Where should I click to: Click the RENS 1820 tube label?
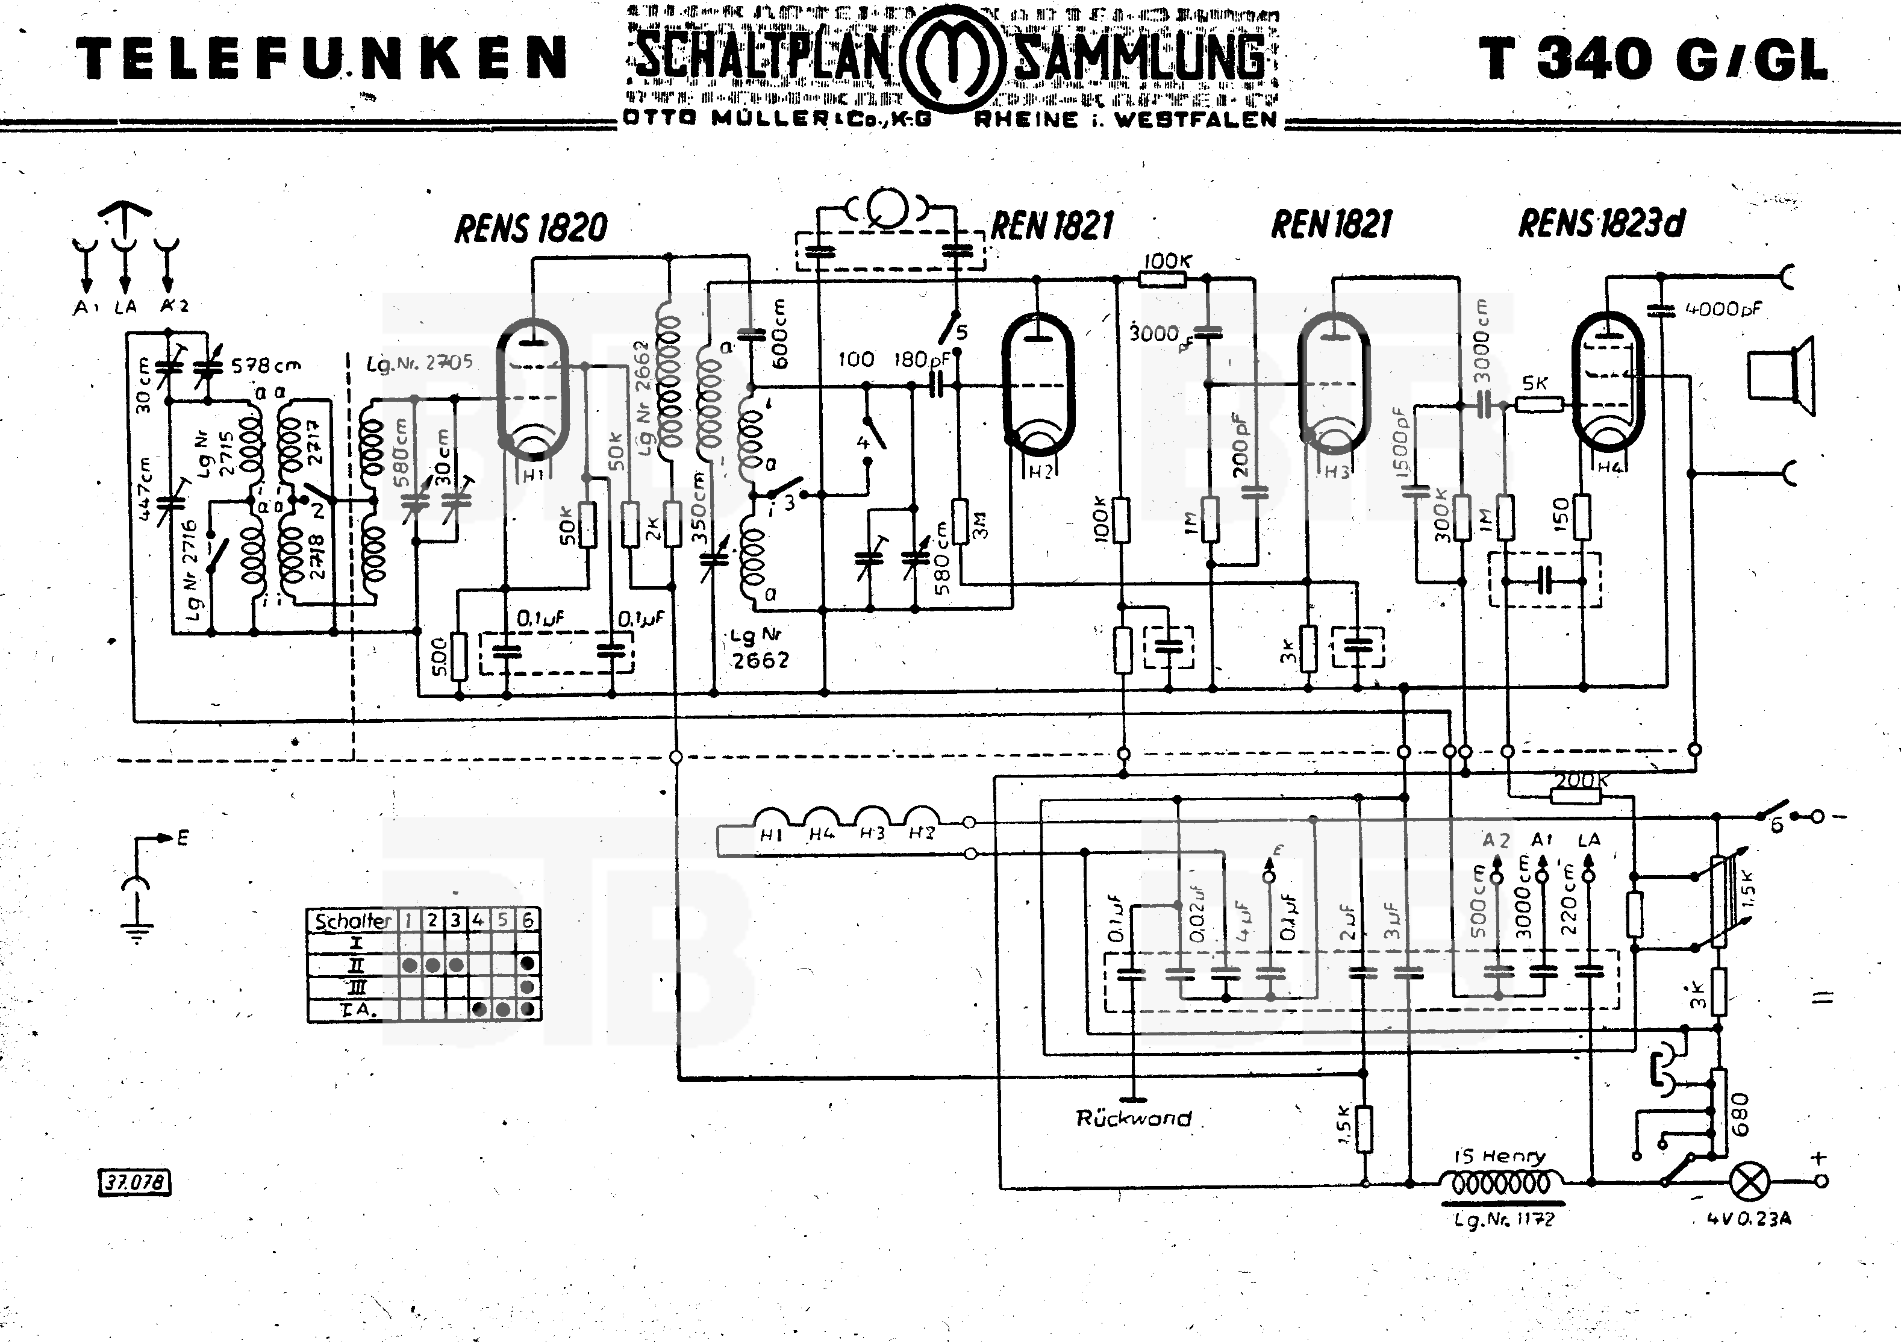click(x=531, y=228)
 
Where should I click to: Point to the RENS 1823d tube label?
click(x=1600, y=223)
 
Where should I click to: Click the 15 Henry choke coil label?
click(x=1499, y=1156)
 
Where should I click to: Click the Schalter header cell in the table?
click(x=353, y=920)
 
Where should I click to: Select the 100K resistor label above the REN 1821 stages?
click(x=1167, y=261)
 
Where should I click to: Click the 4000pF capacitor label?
click(x=1724, y=310)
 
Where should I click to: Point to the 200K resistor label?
click(x=1581, y=780)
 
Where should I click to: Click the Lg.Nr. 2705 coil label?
click(x=420, y=363)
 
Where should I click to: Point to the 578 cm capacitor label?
click(x=266, y=365)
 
